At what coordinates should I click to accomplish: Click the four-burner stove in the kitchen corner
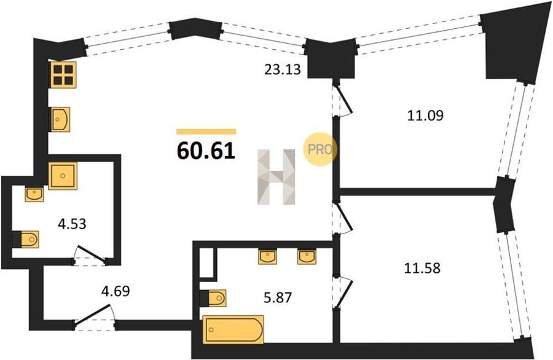[63, 75]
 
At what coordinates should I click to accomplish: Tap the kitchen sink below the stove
[60, 119]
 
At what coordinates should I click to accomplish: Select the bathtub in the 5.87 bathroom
[233, 329]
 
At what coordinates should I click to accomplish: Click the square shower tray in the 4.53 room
[63, 176]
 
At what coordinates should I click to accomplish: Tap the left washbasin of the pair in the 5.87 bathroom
[268, 256]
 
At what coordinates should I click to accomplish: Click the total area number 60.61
[206, 151]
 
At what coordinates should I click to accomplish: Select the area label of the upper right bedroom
[425, 115]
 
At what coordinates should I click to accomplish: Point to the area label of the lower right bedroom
[422, 268]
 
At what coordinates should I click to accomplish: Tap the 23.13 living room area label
[283, 69]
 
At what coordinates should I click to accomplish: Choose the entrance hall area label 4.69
[116, 291]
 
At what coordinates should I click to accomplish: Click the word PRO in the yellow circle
[320, 149]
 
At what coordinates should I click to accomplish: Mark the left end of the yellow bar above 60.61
[177, 132]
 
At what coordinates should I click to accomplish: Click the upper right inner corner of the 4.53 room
[113, 162]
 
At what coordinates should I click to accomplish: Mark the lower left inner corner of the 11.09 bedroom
[340, 188]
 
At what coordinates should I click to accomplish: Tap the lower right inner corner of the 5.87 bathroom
[332, 342]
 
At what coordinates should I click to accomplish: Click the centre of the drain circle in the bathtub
[211, 329]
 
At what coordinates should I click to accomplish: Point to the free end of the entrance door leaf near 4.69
[111, 305]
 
